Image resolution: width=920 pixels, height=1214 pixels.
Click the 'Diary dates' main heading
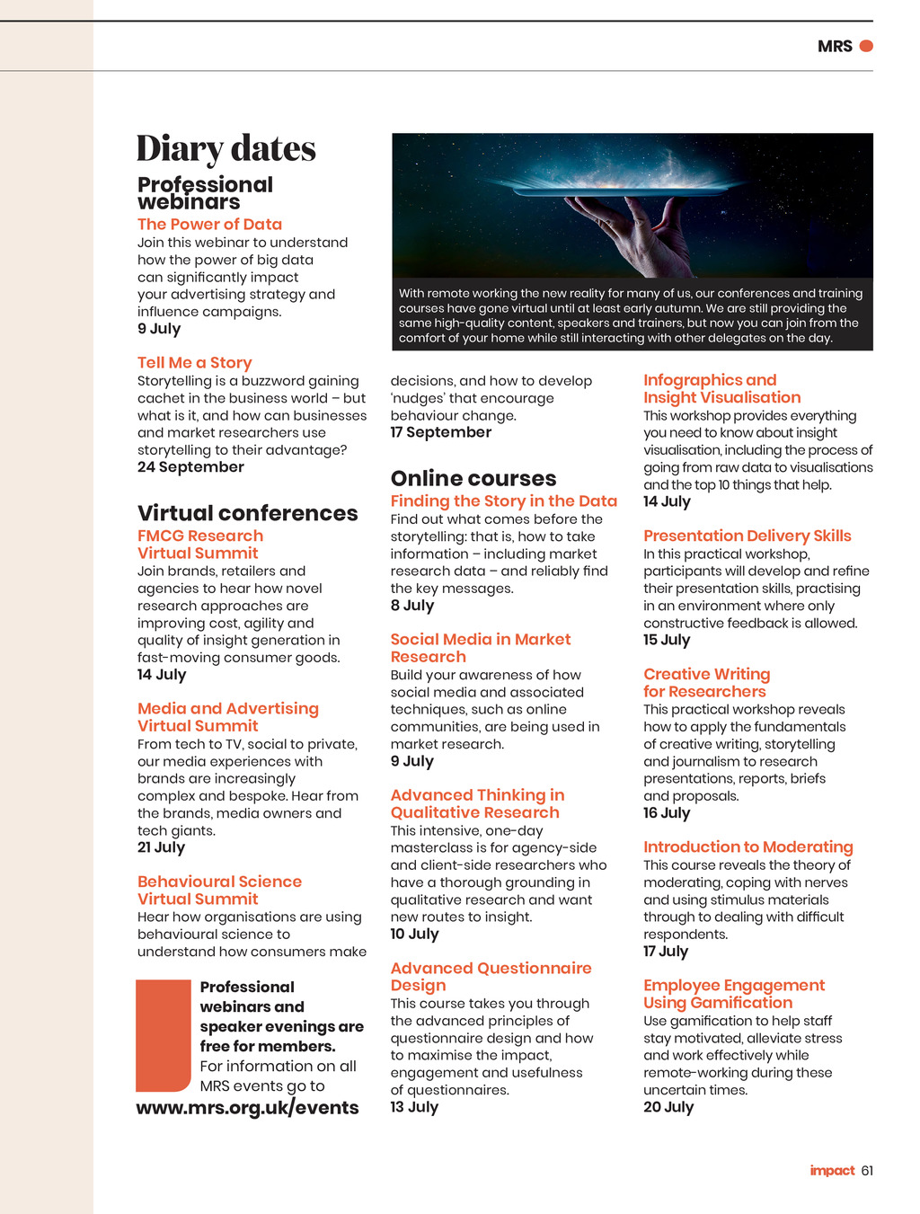226,149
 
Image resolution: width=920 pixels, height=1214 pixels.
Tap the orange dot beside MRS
866,46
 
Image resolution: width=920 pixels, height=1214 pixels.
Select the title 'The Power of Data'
209,225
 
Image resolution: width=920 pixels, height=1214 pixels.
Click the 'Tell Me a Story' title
194,363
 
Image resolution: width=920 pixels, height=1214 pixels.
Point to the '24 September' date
190,467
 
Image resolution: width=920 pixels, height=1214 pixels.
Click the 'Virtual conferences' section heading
247,513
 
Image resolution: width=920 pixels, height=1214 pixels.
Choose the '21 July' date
161,847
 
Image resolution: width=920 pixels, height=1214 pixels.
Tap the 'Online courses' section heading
473,479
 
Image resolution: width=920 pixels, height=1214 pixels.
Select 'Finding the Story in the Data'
503,501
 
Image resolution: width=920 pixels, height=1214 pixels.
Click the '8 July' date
411,606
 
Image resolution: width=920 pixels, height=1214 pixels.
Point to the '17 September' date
440,432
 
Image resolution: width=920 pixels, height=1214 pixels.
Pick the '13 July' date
413,1107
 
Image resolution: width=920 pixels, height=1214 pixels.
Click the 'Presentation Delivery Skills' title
747,536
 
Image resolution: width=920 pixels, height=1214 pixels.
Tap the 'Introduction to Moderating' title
747,847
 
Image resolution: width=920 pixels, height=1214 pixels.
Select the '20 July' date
668,1107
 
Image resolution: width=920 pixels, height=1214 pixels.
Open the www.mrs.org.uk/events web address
247,1108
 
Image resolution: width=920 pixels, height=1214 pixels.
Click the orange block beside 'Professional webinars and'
164,1034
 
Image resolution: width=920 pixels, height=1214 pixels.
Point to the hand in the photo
647,235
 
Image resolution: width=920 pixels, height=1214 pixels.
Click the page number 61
867,1171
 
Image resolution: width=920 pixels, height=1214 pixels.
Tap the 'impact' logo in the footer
832,1171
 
